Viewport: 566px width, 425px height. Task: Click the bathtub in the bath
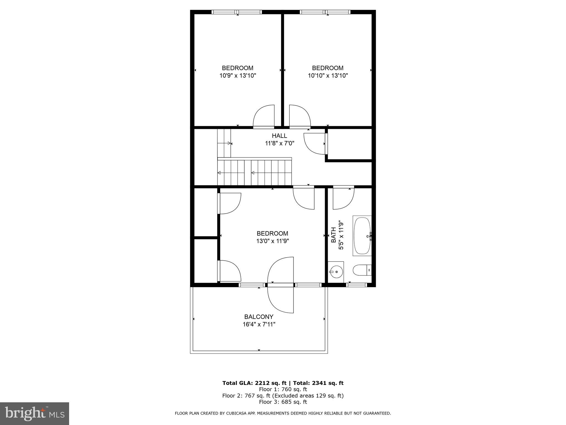click(362, 236)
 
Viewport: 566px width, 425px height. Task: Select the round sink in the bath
click(336, 272)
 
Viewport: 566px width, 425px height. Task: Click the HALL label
click(279, 136)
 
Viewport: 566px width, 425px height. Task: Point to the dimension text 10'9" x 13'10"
click(238, 76)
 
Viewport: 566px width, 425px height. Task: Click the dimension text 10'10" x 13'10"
click(328, 76)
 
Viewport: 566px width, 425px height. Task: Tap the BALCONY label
click(259, 317)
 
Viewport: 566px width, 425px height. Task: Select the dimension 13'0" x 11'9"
click(272, 241)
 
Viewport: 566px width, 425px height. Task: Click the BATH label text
click(334, 235)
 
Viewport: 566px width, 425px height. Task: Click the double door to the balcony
click(280, 285)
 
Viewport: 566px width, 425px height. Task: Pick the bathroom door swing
click(343, 199)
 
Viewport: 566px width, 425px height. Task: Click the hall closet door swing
click(315, 143)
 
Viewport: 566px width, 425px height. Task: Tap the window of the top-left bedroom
click(237, 12)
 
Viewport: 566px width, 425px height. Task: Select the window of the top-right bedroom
click(325, 12)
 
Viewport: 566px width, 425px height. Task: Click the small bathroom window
click(357, 285)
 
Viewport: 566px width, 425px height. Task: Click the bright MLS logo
click(35, 413)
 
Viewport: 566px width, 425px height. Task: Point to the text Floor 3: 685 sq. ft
click(283, 402)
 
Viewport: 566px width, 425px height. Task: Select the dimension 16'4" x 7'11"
click(259, 324)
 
